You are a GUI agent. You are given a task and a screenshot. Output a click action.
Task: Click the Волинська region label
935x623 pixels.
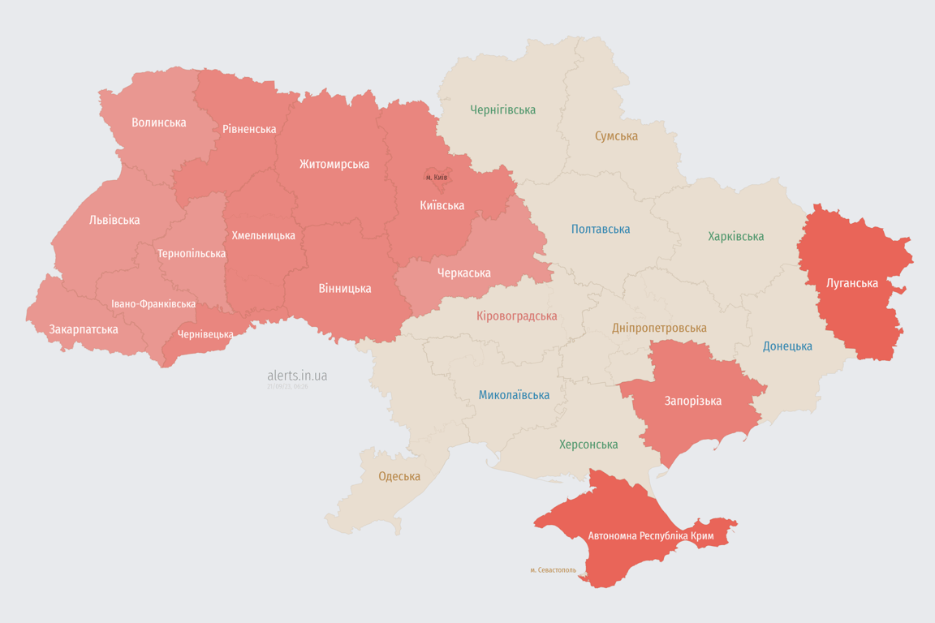click(x=159, y=122)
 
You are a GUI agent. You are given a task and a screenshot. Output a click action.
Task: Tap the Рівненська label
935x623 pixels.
click(x=249, y=129)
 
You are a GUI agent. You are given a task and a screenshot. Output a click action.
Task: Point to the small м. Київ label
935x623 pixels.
click(x=437, y=177)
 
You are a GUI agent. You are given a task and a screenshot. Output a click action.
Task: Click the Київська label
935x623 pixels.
click(x=442, y=205)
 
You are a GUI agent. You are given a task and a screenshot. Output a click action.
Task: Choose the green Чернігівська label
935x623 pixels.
click(x=502, y=110)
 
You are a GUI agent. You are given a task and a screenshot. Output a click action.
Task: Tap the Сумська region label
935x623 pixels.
click(x=616, y=135)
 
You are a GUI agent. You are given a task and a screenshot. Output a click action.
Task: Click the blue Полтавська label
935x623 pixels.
click(x=601, y=229)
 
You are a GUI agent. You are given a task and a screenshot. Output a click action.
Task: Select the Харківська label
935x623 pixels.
click(x=735, y=236)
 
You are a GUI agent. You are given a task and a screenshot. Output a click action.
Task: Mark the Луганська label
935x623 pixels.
click(x=851, y=283)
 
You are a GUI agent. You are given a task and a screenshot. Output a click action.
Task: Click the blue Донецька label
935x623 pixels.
click(x=787, y=346)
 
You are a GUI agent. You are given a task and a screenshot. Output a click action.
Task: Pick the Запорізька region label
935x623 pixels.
click(x=692, y=401)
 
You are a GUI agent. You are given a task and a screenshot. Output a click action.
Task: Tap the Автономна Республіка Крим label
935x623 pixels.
click(x=650, y=536)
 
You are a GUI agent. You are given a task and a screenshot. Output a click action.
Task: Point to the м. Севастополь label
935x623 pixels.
click(x=553, y=570)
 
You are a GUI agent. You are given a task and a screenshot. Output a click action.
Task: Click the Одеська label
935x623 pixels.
click(x=399, y=476)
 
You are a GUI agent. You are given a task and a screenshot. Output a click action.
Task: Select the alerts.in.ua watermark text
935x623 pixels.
click(x=297, y=376)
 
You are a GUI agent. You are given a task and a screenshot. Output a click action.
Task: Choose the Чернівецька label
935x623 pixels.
click(x=205, y=334)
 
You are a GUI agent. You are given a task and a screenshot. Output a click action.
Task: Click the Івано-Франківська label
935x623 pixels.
click(x=153, y=304)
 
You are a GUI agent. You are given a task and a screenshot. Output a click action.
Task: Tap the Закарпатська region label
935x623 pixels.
click(x=84, y=329)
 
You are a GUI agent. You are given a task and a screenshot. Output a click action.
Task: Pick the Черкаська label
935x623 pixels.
click(x=463, y=273)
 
